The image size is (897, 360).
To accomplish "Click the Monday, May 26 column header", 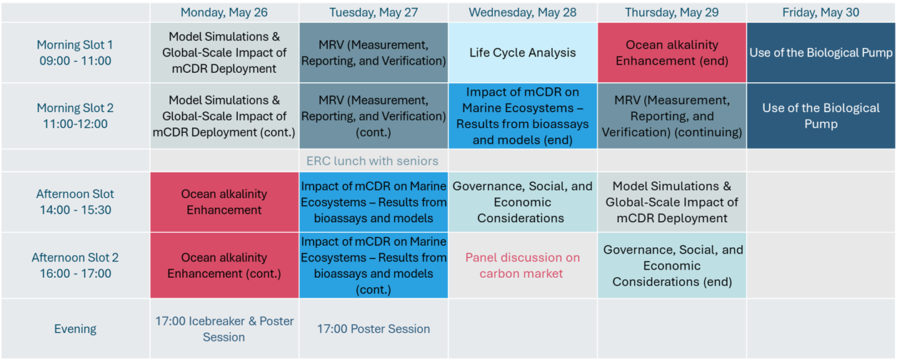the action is pyautogui.click(x=224, y=12).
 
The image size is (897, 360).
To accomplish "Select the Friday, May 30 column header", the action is pyautogui.click(x=821, y=12).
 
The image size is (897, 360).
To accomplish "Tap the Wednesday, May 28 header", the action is pyautogui.click(x=523, y=12).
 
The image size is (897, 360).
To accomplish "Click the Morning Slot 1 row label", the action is pyautogui.click(x=75, y=52).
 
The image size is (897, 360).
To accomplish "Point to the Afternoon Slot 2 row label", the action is pyautogui.click(x=75, y=265).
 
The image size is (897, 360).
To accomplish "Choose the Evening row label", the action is pyautogui.click(x=75, y=329).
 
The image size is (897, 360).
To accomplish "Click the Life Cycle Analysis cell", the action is pyautogui.click(x=523, y=52).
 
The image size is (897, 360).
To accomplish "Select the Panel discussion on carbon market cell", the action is pyautogui.click(x=523, y=265).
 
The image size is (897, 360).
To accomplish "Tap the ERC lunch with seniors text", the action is pyautogui.click(x=372, y=161).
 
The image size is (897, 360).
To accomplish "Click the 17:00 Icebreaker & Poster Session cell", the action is pyautogui.click(x=224, y=329).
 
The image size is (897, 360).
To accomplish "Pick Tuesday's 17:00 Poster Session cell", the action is pyautogui.click(x=374, y=329).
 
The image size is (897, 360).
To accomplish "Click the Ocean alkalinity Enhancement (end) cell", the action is pyautogui.click(x=672, y=52).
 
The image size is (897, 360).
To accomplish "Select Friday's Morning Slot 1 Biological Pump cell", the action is pyautogui.click(x=821, y=52).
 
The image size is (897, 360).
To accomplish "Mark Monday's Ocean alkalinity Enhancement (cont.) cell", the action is pyautogui.click(x=224, y=265).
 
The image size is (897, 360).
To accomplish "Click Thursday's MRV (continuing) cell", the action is pyautogui.click(x=672, y=116).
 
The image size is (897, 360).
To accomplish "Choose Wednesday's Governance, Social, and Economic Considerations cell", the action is pyautogui.click(x=523, y=202).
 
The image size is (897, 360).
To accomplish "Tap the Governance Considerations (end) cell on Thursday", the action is pyautogui.click(x=672, y=265).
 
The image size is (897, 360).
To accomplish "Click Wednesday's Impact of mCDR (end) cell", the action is pyautogui.click(x=523, y=116).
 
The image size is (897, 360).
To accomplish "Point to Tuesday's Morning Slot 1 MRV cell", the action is pyautogui.click(x=374, y=52).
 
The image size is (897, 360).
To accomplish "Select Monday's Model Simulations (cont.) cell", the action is pyautogui.click(x=224, y=116).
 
